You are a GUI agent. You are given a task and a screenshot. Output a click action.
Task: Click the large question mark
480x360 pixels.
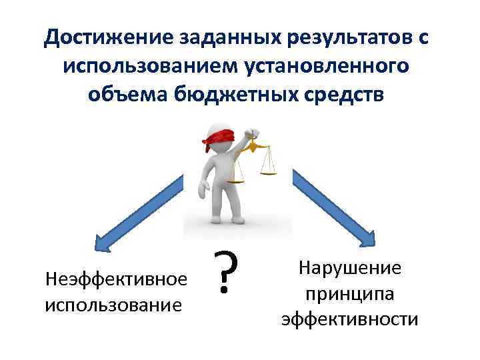[x=227, y=275]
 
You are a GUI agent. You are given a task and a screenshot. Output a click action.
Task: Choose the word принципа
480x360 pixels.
[x=349, y=293]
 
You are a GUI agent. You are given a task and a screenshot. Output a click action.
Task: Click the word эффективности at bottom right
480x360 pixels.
[x=349, y=319]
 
